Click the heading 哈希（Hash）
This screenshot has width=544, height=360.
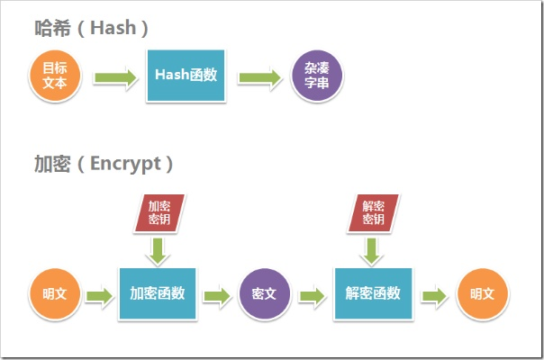[x=86, y=28]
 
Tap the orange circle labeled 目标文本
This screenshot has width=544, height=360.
[x=56, y=76]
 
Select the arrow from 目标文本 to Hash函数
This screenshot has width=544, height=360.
[x=114, y=77]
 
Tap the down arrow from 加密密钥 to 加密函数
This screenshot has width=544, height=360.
[x=158, y=249]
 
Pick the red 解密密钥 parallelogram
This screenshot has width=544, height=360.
[x=372, y=212]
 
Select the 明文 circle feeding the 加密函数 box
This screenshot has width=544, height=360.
[x=55, y=294]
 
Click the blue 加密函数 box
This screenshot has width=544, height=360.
[x=158, y=293]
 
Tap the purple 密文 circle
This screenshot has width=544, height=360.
[x=265, y=294]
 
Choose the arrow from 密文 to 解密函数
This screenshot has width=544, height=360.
[x=313, y=295]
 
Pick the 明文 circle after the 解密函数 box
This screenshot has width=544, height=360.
[x=483, y=294]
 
